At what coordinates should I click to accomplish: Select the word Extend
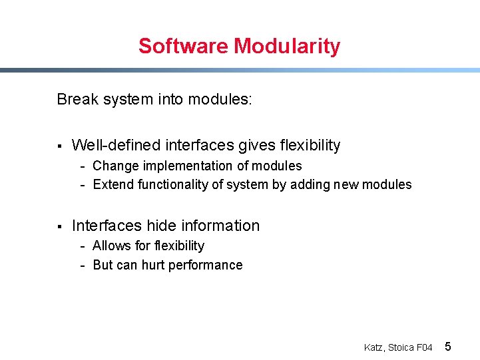[x=114, y=184]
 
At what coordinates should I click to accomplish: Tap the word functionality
[x=173, y=184]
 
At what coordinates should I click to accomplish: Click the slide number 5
[x=448, y=346]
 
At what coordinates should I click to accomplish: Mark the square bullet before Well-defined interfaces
[x=59, y=146]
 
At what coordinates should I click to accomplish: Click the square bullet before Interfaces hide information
[x=59, y=226]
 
